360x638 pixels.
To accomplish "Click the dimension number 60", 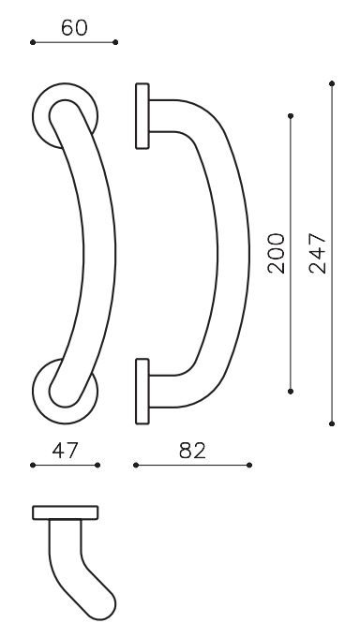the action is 74,28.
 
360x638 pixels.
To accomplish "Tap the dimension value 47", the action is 66,451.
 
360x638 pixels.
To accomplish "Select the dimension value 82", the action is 192,451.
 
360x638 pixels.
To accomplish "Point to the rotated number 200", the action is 277,253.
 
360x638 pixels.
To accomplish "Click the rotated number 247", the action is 318,253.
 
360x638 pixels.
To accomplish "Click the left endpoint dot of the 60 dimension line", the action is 33,42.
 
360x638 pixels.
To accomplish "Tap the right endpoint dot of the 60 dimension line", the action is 115,42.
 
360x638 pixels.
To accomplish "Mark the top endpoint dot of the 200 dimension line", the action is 291,116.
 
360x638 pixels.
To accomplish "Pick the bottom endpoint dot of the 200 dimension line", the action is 291,391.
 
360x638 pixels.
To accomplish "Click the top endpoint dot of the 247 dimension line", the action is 332,83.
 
